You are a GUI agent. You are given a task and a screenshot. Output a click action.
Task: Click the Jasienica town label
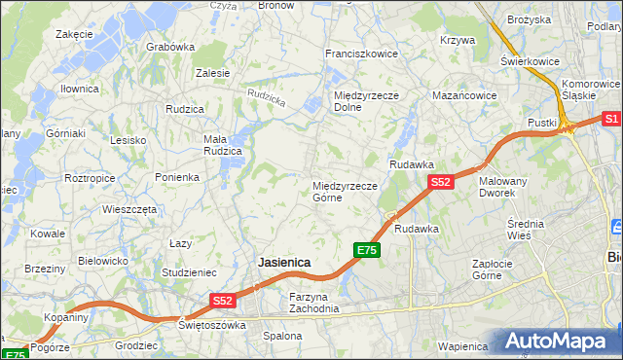284,263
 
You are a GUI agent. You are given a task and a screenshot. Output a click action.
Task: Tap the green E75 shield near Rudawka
366,250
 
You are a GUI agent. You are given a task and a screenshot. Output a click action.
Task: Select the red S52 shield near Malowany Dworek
440,182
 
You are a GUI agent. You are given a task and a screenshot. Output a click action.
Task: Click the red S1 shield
611,119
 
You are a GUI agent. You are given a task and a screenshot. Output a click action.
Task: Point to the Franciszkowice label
361,54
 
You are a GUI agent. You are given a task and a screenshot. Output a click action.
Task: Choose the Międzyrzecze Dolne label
361,101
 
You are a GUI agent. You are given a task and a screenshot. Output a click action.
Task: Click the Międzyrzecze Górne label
345,191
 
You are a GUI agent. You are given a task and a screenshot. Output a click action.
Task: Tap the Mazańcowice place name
464,96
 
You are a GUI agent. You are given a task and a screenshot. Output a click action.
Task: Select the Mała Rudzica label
221,145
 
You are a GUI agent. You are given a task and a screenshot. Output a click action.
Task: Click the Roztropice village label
90,179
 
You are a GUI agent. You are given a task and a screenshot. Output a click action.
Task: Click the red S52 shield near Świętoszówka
222,302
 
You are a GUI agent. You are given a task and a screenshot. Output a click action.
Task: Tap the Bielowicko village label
103,261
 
